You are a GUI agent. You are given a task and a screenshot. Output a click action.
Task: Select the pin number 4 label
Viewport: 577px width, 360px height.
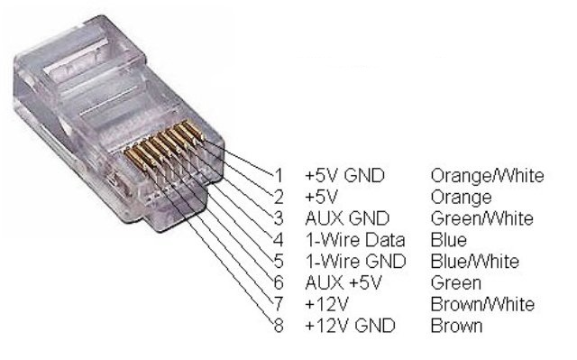click(x=278, y=240)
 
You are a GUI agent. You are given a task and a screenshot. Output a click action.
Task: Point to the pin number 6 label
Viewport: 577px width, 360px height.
click(x=278, y=283)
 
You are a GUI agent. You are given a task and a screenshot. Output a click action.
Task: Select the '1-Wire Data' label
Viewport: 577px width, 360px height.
click(x=348, y=240)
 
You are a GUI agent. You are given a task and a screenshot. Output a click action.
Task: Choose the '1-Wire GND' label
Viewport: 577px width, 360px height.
click(x=348, y=262)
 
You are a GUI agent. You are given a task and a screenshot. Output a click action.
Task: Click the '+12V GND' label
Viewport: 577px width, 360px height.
click(x=343, y=326)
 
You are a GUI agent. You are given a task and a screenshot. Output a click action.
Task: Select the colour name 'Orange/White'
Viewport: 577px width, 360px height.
click(x=487, y=175)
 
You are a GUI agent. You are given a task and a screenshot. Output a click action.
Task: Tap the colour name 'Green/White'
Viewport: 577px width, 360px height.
click(x=482, y=218)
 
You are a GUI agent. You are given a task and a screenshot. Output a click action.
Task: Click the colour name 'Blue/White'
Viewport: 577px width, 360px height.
click(x=475, y=262)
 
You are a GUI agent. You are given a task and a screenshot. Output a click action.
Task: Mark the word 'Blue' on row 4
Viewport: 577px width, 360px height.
click(x=449, y=240)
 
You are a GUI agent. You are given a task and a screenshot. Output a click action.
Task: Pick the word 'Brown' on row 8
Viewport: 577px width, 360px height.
click(x=456, y=326)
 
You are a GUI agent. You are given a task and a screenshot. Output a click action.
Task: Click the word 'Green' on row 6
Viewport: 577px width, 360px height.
click(x=455, y=283)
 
